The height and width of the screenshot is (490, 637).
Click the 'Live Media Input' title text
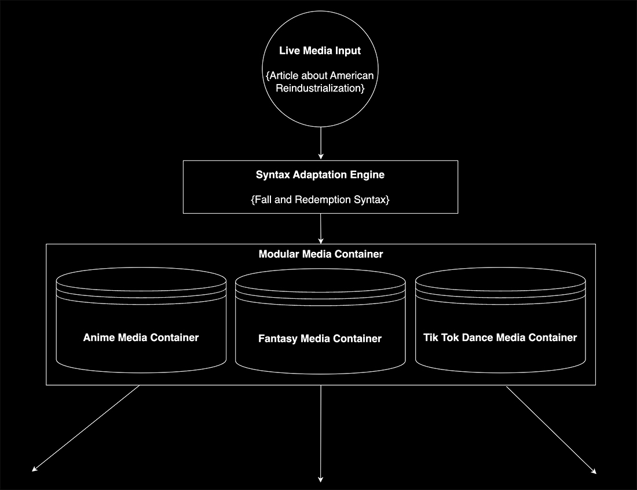click(x=320, y=51)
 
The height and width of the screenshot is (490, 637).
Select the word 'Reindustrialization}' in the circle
click(x=320, y=89)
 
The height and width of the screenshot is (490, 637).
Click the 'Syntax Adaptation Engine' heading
click(x=320, y=174)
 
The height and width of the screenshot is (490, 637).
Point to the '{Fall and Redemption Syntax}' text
click(x=320, y=200)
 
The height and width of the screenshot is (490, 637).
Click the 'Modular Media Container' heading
click(x=320, y=254)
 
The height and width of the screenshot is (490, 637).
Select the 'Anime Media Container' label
click(x=141, y=338)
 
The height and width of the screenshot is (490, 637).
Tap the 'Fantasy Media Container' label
click(x=320, y=339)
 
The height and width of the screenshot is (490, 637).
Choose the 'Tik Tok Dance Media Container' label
click(x=500, y=337)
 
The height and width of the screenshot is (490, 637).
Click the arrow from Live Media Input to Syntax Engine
click(x=320, y=142)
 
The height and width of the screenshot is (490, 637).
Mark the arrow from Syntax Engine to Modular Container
click(x=320, y=228)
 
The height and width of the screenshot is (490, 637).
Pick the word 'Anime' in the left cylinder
click(x=99, y=338)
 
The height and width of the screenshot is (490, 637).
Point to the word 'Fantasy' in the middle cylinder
click(x=278, y=339)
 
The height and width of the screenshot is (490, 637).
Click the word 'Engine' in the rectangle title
click(x=369, y=174)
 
